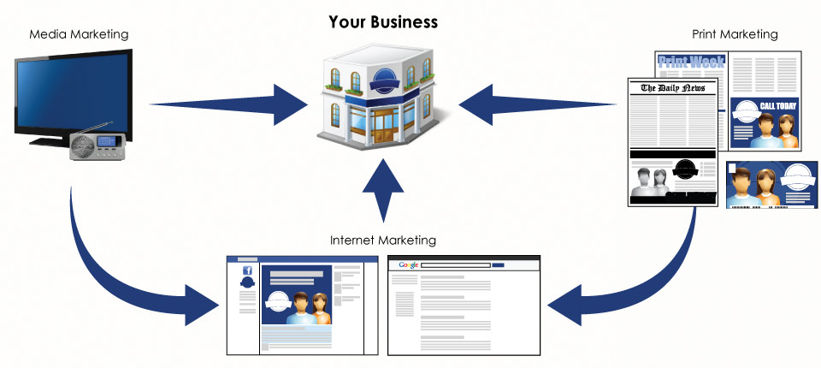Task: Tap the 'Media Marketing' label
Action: click(x=79, y=35)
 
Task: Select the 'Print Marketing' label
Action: click(x=735, y=35)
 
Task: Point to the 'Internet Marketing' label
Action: click(x=383, y=240)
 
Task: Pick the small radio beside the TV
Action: click(x=97, y=148)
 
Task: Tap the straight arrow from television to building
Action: click(x=231, y=105)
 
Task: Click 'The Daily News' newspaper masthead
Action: click(x=672, y=87)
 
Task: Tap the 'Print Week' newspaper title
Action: click(x=690, y=62)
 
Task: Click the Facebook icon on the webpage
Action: click(x=247, y=270)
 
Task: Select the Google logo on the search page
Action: click(x=408, y=265)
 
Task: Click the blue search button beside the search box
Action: click(x=499, y=265)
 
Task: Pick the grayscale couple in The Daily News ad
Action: click(x=651, y=182)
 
